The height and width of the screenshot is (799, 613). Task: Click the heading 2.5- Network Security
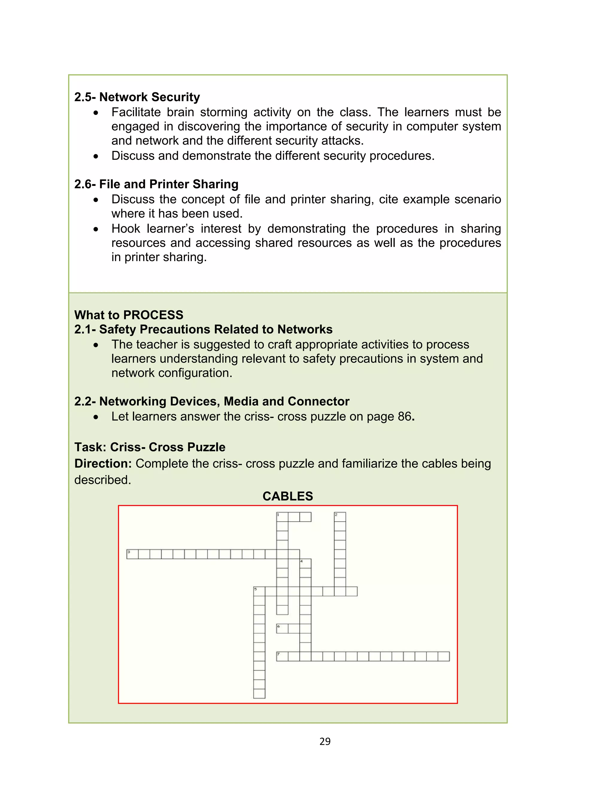click(x=137, y=97)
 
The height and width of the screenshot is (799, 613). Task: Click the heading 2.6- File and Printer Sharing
click(x=156, y=184)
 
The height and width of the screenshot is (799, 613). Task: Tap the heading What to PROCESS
click(x=129, y=315)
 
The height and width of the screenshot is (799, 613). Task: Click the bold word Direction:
click(x=103, y=463)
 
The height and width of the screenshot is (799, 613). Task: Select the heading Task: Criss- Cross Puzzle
click(x=150, y=447)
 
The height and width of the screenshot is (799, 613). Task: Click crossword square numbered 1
click(x=282, y=517)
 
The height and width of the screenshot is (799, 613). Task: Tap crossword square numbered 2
click(x=340, y=517)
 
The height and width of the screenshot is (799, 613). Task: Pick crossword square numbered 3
click(x=133, y=554)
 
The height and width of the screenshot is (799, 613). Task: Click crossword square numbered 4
click(x=305, y=564)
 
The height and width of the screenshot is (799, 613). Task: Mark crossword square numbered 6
click(x=282, y=629)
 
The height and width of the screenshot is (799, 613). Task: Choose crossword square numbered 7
click(x=282, y=656)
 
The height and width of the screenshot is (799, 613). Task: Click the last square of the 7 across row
click(x=444, y=656)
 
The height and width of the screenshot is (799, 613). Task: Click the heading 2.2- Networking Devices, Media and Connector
click(x=212, y=401)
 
